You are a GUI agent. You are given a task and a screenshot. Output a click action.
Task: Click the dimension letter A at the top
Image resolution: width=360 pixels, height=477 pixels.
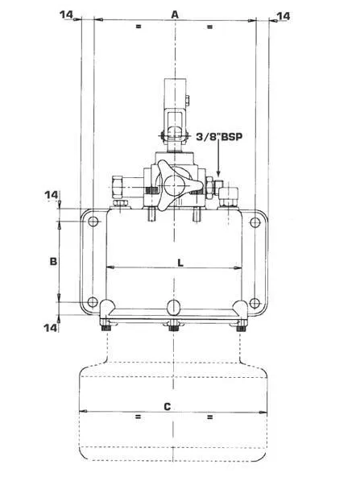175,14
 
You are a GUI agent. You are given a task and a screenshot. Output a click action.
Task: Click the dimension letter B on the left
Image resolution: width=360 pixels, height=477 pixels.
53,261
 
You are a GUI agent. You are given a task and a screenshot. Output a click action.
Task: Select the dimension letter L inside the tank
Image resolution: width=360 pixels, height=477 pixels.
180,263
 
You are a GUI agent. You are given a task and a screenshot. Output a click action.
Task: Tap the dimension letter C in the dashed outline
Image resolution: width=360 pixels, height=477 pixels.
168,406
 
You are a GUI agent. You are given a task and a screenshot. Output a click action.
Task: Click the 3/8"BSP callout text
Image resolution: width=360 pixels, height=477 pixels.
219,137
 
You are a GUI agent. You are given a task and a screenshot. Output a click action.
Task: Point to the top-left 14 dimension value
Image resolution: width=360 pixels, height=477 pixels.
66,15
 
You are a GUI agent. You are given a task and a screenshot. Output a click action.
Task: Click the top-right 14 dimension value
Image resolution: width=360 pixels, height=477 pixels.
283,16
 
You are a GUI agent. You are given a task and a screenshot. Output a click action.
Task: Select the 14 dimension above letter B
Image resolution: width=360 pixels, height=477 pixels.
52,195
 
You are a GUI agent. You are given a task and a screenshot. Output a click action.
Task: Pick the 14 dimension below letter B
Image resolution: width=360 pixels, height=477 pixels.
51,328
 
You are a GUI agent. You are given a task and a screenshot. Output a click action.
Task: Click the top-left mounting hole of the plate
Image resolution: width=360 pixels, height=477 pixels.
93,221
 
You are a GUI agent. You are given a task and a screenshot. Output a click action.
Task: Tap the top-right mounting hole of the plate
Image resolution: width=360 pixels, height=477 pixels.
254,222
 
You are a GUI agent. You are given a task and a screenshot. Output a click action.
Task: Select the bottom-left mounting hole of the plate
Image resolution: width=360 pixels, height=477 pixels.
93,302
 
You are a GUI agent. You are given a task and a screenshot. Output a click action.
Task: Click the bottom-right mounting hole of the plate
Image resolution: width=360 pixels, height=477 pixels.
254,303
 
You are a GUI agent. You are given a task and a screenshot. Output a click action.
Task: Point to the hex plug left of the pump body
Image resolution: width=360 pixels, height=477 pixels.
118,186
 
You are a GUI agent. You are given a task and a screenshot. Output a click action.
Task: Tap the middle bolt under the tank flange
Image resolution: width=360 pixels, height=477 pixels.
173,326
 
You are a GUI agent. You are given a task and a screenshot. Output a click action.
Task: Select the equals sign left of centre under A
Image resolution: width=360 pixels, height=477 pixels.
139,27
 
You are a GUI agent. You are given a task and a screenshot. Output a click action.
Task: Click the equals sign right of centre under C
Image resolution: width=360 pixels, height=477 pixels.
209,417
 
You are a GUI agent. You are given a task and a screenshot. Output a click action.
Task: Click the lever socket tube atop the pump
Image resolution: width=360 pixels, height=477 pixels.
176,94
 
